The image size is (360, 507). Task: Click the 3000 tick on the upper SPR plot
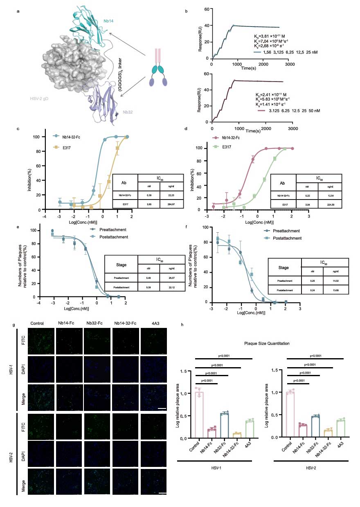(x=290, y=64)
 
